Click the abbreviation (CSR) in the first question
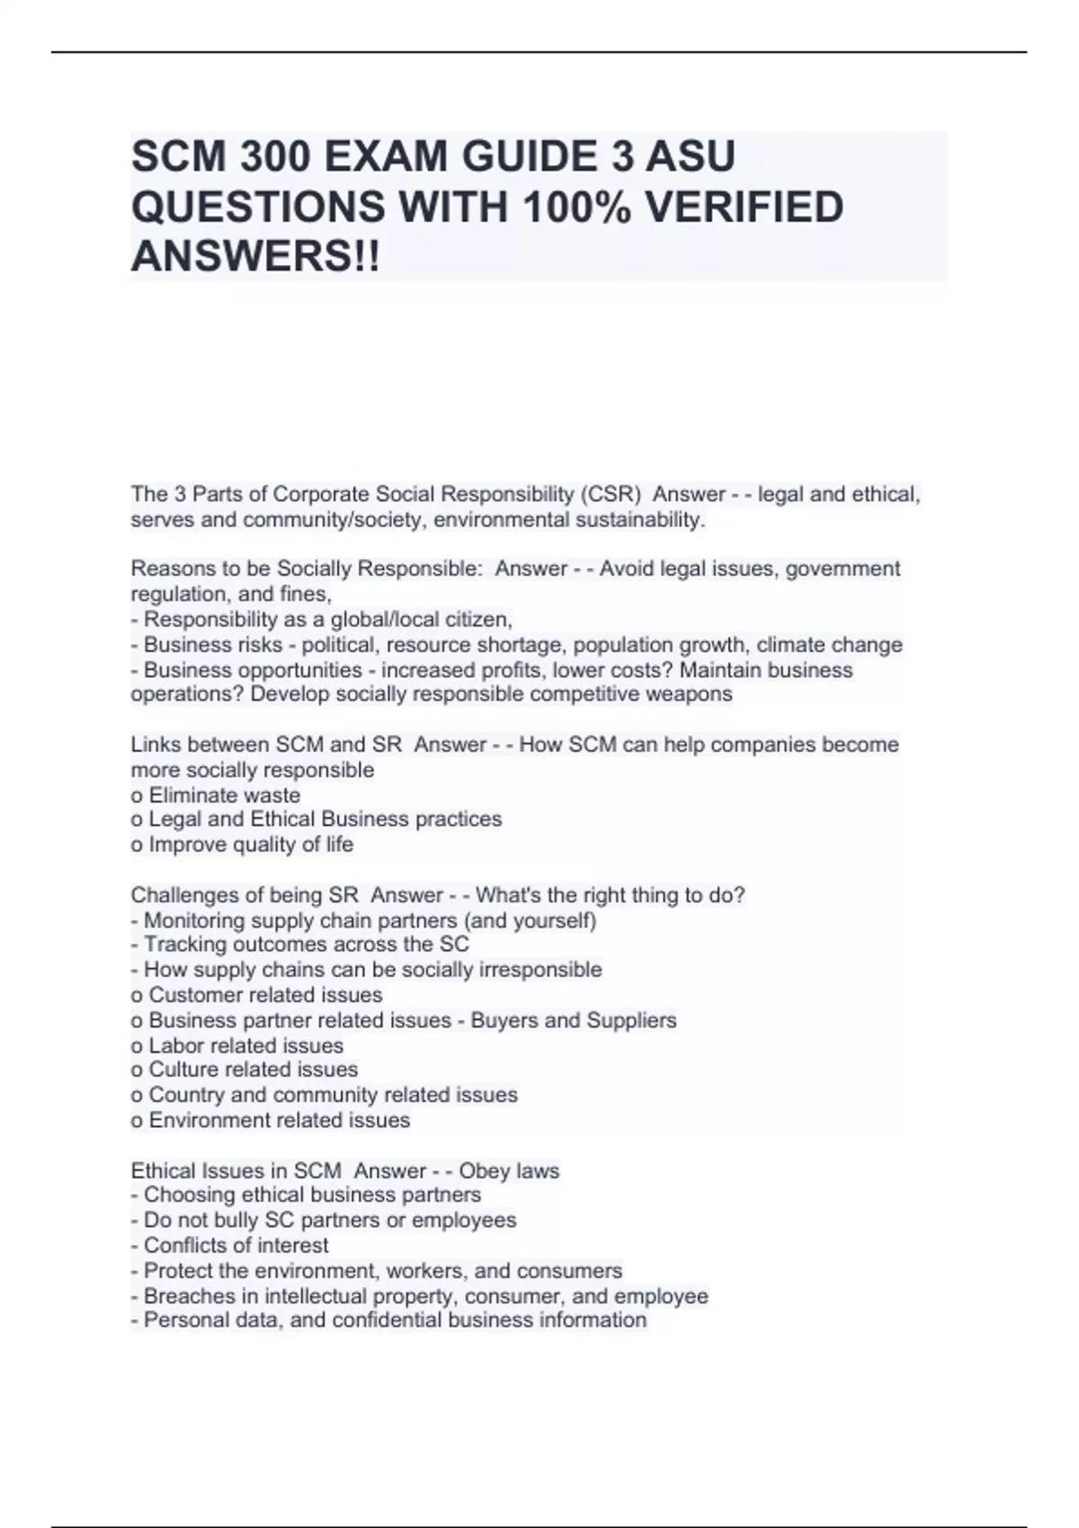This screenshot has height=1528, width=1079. [611, 494]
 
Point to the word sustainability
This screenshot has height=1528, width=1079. [639, 520]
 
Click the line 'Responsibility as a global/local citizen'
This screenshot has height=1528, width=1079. [327, 619]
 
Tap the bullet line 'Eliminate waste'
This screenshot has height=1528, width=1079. [224, 795]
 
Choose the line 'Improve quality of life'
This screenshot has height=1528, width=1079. [251, 845]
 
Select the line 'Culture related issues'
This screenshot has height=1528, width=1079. [253, 1070]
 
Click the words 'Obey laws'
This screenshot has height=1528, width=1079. [509, 1171]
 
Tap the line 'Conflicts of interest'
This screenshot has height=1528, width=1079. [236, 1246]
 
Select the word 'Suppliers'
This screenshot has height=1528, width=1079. [631, 1020]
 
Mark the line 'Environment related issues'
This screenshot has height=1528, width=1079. [279, 1120]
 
